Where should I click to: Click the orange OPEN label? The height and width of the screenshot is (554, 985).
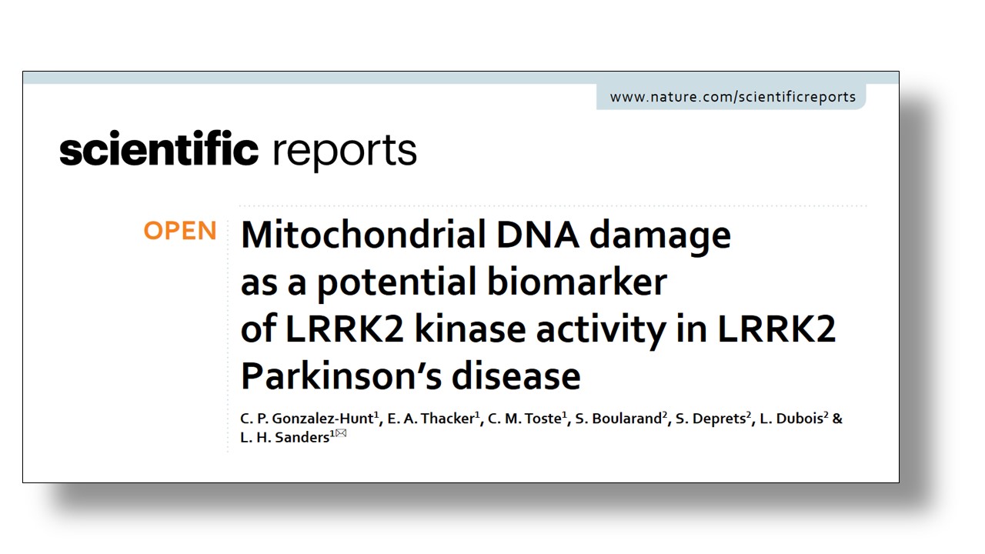180,230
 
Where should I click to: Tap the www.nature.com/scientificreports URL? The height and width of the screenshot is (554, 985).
733,97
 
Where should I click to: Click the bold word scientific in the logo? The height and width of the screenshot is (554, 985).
159,149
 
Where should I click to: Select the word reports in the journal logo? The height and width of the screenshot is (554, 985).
344,152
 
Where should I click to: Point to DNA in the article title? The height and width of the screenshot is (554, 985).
537,235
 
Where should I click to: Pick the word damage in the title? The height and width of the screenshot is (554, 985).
659,238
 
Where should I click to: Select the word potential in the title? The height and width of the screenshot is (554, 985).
396,284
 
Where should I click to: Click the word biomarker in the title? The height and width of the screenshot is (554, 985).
577,282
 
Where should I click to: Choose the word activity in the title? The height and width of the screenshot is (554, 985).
601,331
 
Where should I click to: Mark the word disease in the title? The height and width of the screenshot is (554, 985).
516,376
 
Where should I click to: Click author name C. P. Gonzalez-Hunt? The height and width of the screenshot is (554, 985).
307,418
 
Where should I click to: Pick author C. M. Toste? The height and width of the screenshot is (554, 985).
525,418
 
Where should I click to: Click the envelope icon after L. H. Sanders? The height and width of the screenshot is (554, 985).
341,433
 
